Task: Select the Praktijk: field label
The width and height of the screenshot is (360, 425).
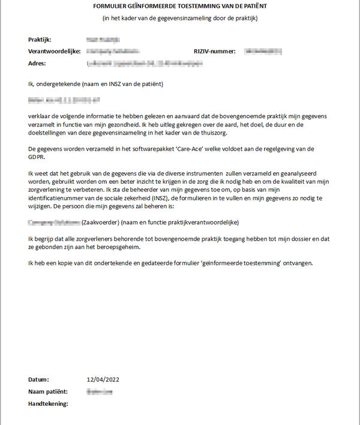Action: (40, 40)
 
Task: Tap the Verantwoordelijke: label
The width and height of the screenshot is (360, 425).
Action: (54, 52)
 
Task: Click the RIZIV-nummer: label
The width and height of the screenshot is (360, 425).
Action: (215, 52)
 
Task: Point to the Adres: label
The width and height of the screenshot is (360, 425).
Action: (37, 63)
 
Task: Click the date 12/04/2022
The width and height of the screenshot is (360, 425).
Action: (103, 380)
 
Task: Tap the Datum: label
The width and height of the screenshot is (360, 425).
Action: (38, 380)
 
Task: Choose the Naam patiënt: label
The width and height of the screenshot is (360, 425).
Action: (47, 392)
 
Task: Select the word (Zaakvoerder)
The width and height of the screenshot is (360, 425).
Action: (100, 222)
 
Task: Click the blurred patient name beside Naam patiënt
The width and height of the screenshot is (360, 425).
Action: (100, 392)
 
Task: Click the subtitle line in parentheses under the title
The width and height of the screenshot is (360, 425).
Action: (180, 18)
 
